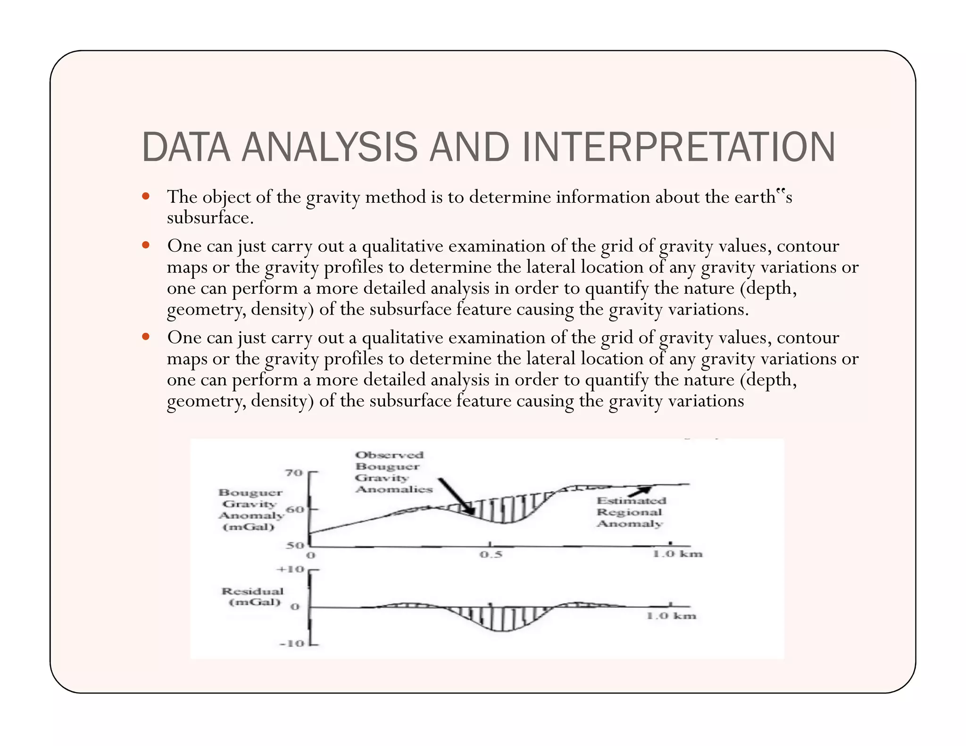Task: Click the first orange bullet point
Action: [x=146, y=196]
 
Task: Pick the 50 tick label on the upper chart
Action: [x=295, y=546]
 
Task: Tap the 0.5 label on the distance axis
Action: [x=491, y=555]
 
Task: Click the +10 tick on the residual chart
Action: [x=291, y=569]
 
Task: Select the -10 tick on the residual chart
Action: [x=292, y=643]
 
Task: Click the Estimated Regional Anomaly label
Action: [x=631, y=512]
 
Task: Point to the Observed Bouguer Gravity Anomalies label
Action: [x=393, y=472]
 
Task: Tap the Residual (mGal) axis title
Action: [x=253, y=597]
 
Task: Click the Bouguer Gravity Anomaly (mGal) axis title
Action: [x=250, y=509]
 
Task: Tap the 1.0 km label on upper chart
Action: [x=677, y=554]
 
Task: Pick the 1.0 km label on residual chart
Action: [x=671, y=616]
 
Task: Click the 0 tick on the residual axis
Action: [x=295, y=607]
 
